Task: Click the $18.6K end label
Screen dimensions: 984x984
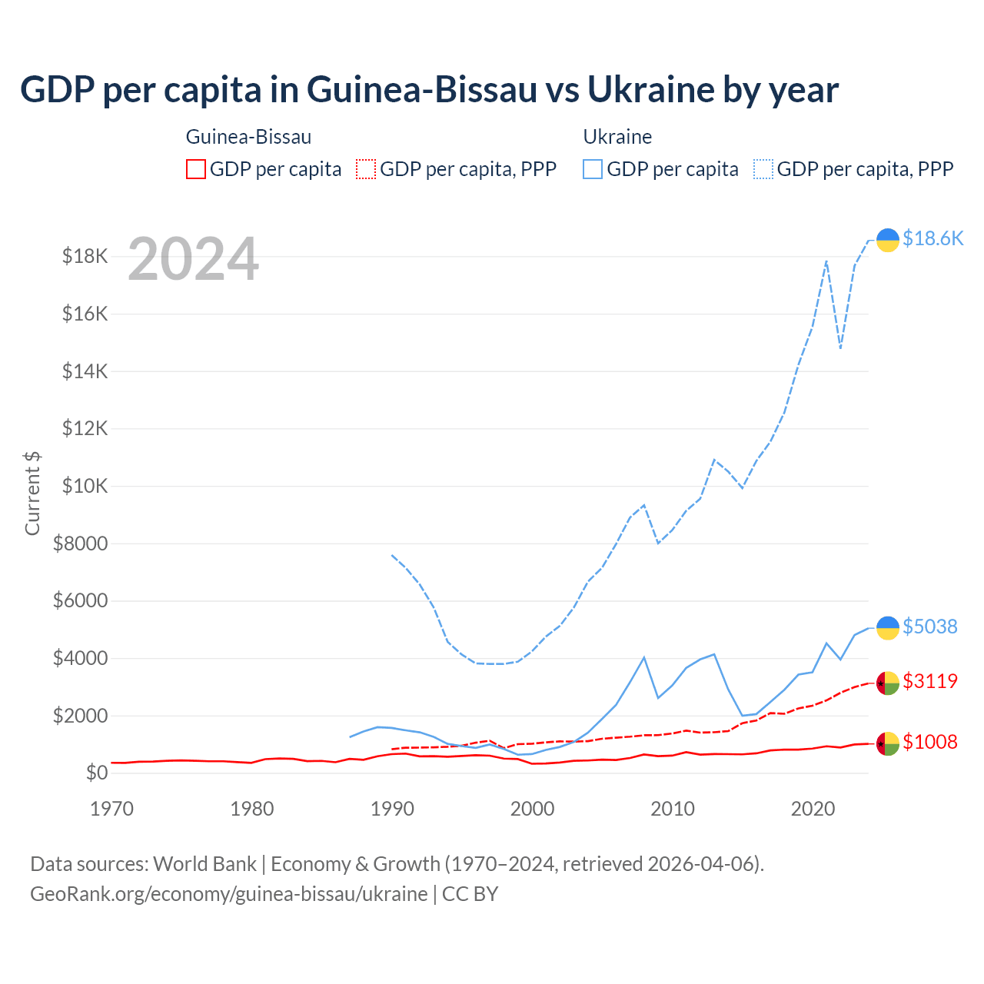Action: (x=932, y=239)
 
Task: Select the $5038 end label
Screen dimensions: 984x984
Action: (x=929, y=627)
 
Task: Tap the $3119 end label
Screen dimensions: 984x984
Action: (x=929, y=681)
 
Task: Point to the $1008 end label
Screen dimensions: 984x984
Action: (x=929, y=742)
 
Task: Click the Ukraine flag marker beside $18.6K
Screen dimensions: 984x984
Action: (x=888, y=240)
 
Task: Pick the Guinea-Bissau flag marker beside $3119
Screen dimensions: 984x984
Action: (x=888, y=683)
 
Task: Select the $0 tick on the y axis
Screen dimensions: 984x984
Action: (x=96, y=773)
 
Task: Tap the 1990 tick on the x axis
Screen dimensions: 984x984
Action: (x=392, y=809)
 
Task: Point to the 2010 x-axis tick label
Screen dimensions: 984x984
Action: (x=673, y=809)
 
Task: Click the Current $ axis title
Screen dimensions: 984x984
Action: (x=32, y=493)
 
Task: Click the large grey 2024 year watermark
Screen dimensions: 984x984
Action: (x=193, y=259)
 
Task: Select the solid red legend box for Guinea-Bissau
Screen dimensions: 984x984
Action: (x=196, y=169)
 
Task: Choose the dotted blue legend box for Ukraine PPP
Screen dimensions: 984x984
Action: (x=763, y=169)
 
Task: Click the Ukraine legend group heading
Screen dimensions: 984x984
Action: (x=617, y=137)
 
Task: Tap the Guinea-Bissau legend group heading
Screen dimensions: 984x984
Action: (x=249, y=137)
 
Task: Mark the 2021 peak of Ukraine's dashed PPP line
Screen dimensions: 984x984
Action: (x=826, y=261)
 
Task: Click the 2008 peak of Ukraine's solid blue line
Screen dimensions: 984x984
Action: (x=644, y=657)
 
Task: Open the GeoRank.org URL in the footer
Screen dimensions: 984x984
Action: (x=229, y=894)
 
